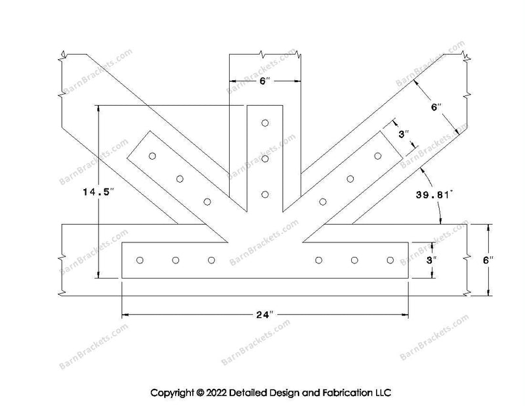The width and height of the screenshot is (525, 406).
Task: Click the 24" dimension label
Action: click(x=264, y=315)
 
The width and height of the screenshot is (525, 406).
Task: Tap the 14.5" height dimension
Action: click(x=98, y=192)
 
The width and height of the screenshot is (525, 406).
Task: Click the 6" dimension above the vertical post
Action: click(x=264, y=81)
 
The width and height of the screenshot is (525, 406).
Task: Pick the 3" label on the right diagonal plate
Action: click(x=405, y=134)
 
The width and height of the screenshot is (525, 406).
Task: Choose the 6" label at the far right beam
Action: click(x=487, y=260)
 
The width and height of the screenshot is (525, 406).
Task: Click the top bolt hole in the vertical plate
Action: click(x=265, y=122)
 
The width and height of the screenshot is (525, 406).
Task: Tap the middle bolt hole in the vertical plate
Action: click(x=265, y=158)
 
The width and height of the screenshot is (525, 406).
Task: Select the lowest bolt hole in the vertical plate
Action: click(x=265, y=194)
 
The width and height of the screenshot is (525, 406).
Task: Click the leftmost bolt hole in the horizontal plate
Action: click(x=140, y=261)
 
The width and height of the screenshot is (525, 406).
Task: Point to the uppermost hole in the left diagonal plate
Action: click(x=152, y=156)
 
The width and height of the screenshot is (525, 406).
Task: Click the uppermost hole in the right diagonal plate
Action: click(x=378, y=156)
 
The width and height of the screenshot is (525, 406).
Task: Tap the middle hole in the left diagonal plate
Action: click(x=180, y=179)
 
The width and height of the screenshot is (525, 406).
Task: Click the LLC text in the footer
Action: click(x=383, y=394)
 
